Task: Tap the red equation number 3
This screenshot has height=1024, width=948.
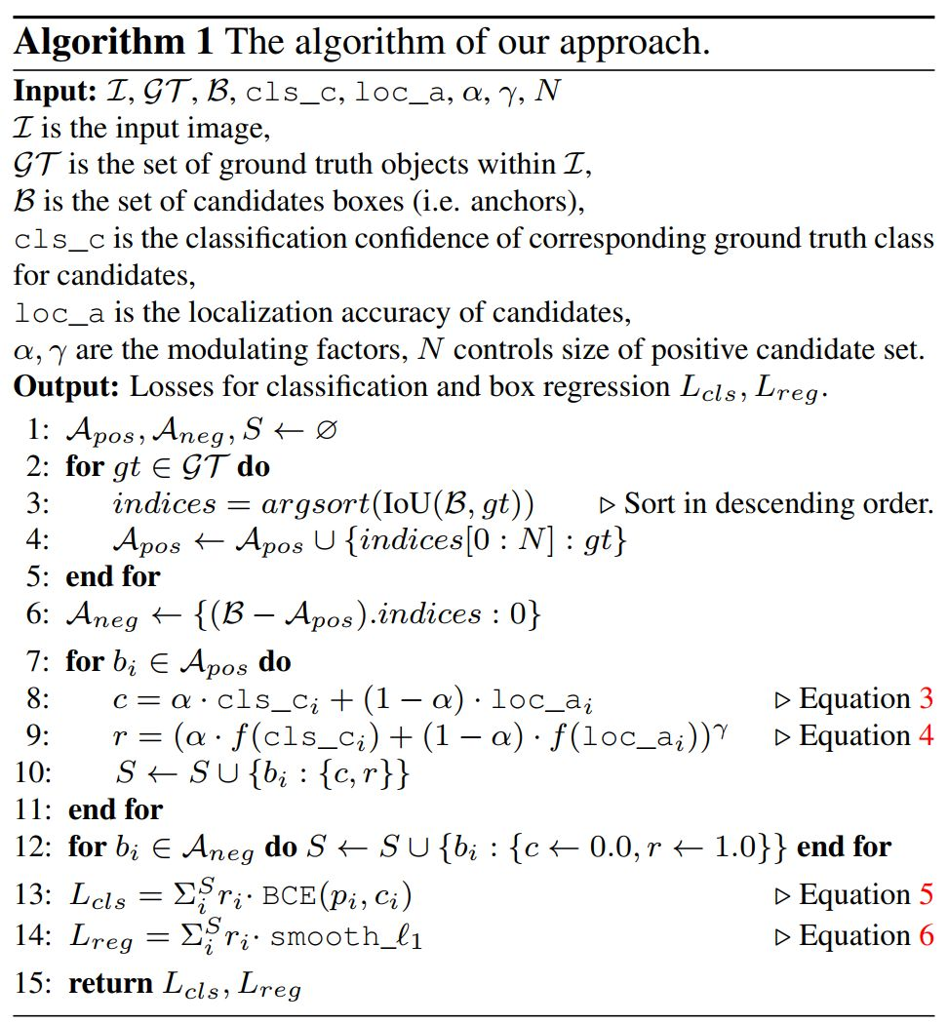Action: pyautogui.click(x=926, y=698)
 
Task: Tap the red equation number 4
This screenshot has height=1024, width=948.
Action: pyautogui.click(x=925, y=735)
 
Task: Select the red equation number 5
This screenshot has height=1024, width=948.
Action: pyautogui.click(x=926, y=894)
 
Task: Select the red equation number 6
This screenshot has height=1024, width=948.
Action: pyautogui.click(x=926, y=935)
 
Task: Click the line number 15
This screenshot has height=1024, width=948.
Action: pyautogui.click(x=33, y=982)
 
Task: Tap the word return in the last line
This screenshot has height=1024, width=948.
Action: pyautogui.click(x=108, y=982)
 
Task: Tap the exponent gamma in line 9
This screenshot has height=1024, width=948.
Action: pyautogui.click(x=725, y=727)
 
